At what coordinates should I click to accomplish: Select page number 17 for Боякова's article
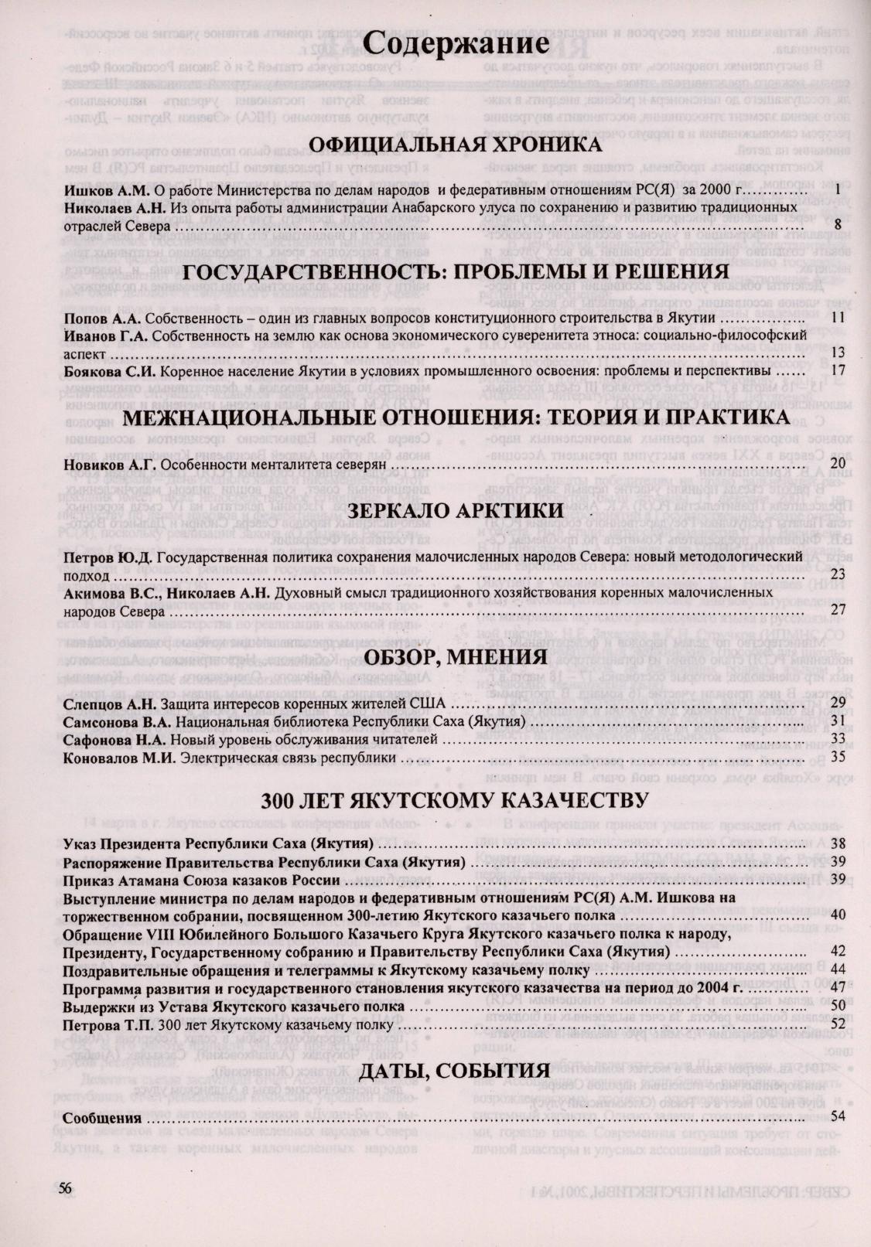point(835,370)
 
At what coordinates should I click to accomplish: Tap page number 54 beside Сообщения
point(837,1116)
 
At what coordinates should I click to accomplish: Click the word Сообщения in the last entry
point(102,1118)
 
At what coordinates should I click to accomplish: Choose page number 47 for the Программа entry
point(837,988)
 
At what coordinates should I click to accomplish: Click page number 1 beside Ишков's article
point(839,189)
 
